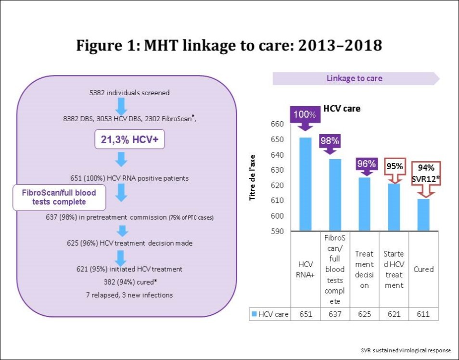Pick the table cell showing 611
[423, 314]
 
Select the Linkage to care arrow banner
[355, 78]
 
